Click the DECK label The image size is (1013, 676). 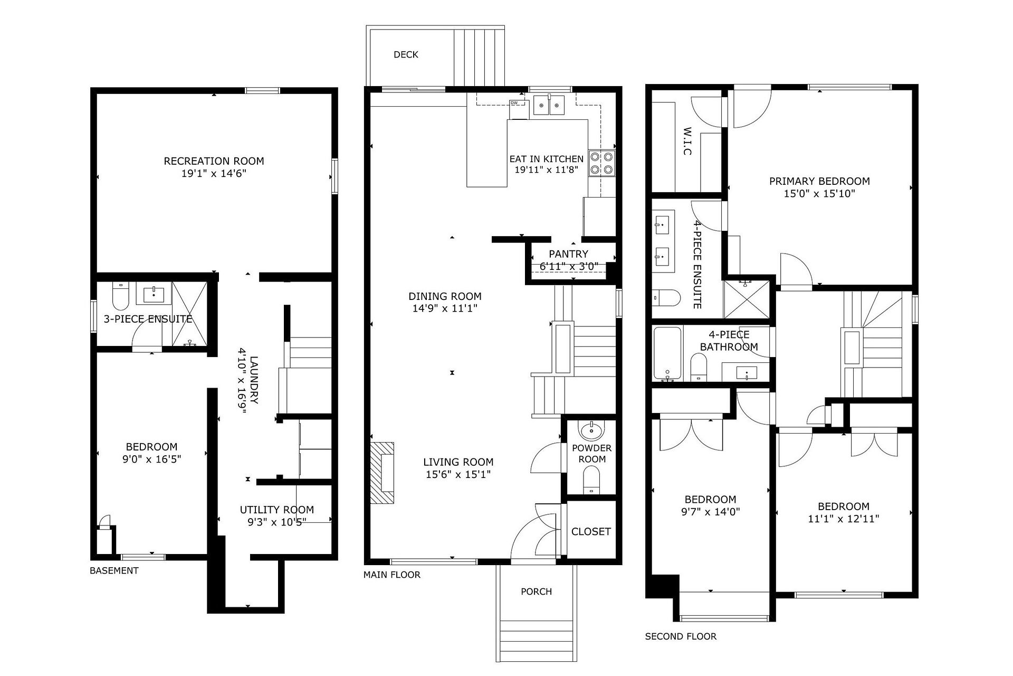pos(406,54)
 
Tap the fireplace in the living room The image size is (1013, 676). pos(383,473)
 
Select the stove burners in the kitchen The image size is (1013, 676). pos(602,163)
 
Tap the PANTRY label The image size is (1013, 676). pos(568,254)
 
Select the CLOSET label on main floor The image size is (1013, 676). pos(591,531)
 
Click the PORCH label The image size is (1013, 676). pos(536,591)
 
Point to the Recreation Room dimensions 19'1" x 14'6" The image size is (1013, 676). pos(214,173)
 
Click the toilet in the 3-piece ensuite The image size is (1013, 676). pos(121,297)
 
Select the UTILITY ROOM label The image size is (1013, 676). pos(277,510)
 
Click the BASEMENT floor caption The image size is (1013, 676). pos(114,570)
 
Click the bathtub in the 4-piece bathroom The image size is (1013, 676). pos(668,354)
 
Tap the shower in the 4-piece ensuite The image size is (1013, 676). pos(747,300)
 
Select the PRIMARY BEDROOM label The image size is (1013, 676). pos(819,181)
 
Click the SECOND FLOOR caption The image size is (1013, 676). pos(681,636)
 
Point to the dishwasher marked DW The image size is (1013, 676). pos(519,109)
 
